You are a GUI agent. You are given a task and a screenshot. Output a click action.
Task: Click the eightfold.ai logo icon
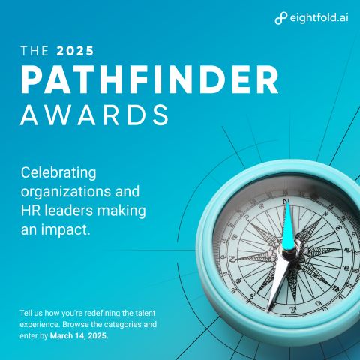pyautogui.click(x=281, y=18)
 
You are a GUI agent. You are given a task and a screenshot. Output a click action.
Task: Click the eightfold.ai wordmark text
pyautogui.click(x=319, y=18)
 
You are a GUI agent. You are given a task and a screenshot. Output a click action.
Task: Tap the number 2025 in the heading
pyautogui.click(x=75, y=51)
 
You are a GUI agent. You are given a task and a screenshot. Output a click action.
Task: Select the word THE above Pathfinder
pyautogui.click(x=34, y=51)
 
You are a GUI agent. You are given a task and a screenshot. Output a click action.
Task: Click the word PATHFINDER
pyautogui.click(x=149, y=79)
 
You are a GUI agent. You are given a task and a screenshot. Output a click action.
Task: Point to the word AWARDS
pyautogui.click(x=94, y=115)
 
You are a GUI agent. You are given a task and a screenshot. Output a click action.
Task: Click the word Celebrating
pyautogui.click(x=58, y=173)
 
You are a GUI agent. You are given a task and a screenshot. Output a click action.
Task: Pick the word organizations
pyautogui.click(x=66, y=192)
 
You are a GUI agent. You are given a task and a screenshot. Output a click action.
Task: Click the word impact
pyautogui.click(x=65, y=230)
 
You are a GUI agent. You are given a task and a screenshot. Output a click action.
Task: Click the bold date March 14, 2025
pyautogui.click(x=79, y=335)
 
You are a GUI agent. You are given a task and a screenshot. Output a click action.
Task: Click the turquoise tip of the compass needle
pyautogui.click(x=286, y=203)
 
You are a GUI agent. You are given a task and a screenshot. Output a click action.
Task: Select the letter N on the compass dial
pyautogui.click(x=286, y=201)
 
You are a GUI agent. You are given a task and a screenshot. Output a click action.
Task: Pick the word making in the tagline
pyautogui.click(x=121, y=211)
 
